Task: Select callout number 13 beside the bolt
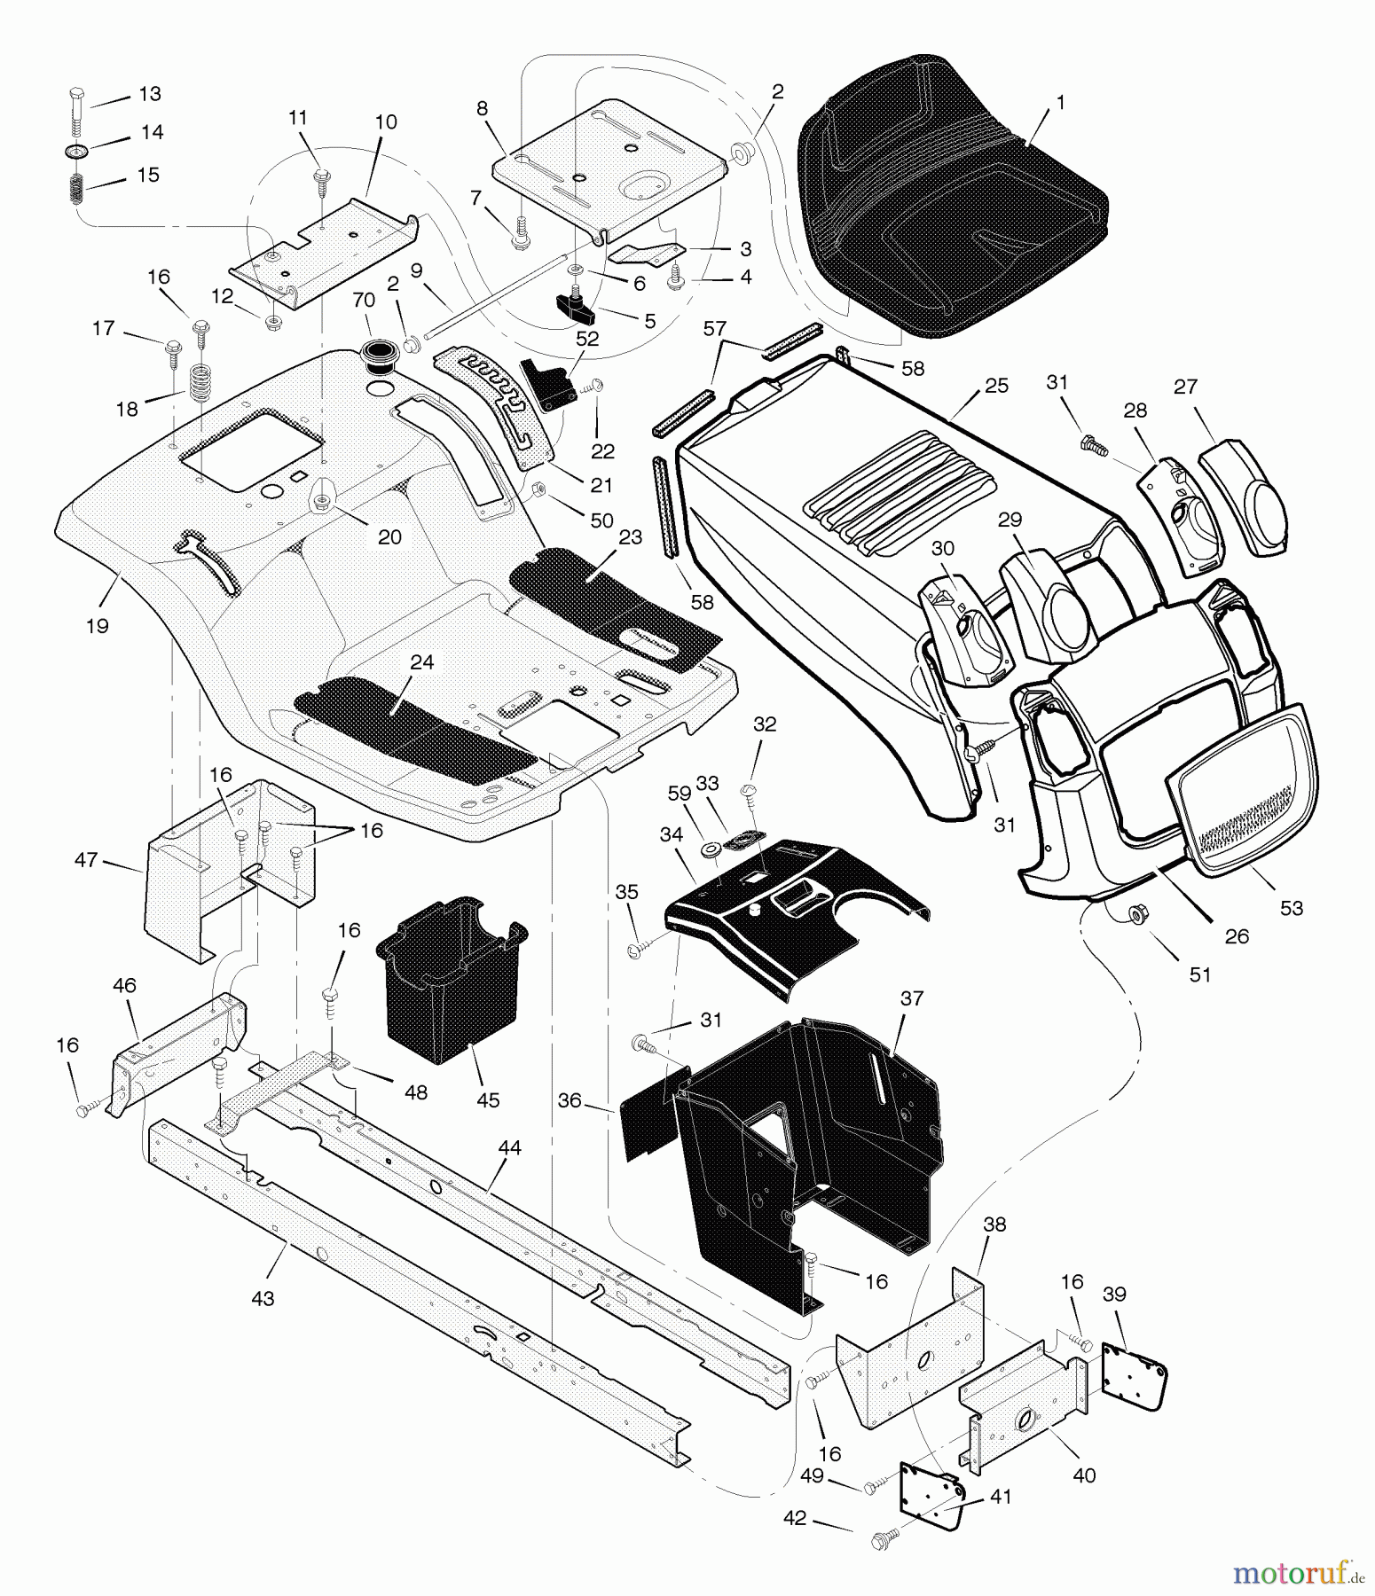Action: (x=150, y=94)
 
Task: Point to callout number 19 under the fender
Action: (x=97, y=626)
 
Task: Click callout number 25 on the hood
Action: (x=996, y=386)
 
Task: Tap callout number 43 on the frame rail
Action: (x=263, y=1298)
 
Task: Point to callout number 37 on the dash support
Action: (x=911, y=998)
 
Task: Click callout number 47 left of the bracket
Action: (x=86, y=860)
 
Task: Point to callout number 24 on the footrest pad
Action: (x=421, y=662)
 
